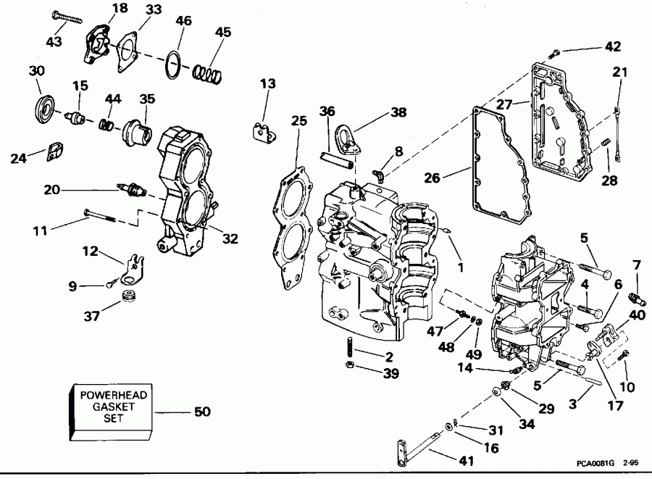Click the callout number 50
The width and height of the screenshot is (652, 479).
point(201,412)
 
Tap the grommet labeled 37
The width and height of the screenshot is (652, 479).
point(131,297)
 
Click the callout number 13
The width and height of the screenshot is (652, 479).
point(267,84)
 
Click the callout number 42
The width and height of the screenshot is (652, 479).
point(613,47)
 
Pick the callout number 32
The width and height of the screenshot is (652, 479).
point(231,237)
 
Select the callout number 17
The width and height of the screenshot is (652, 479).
point(615,407)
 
